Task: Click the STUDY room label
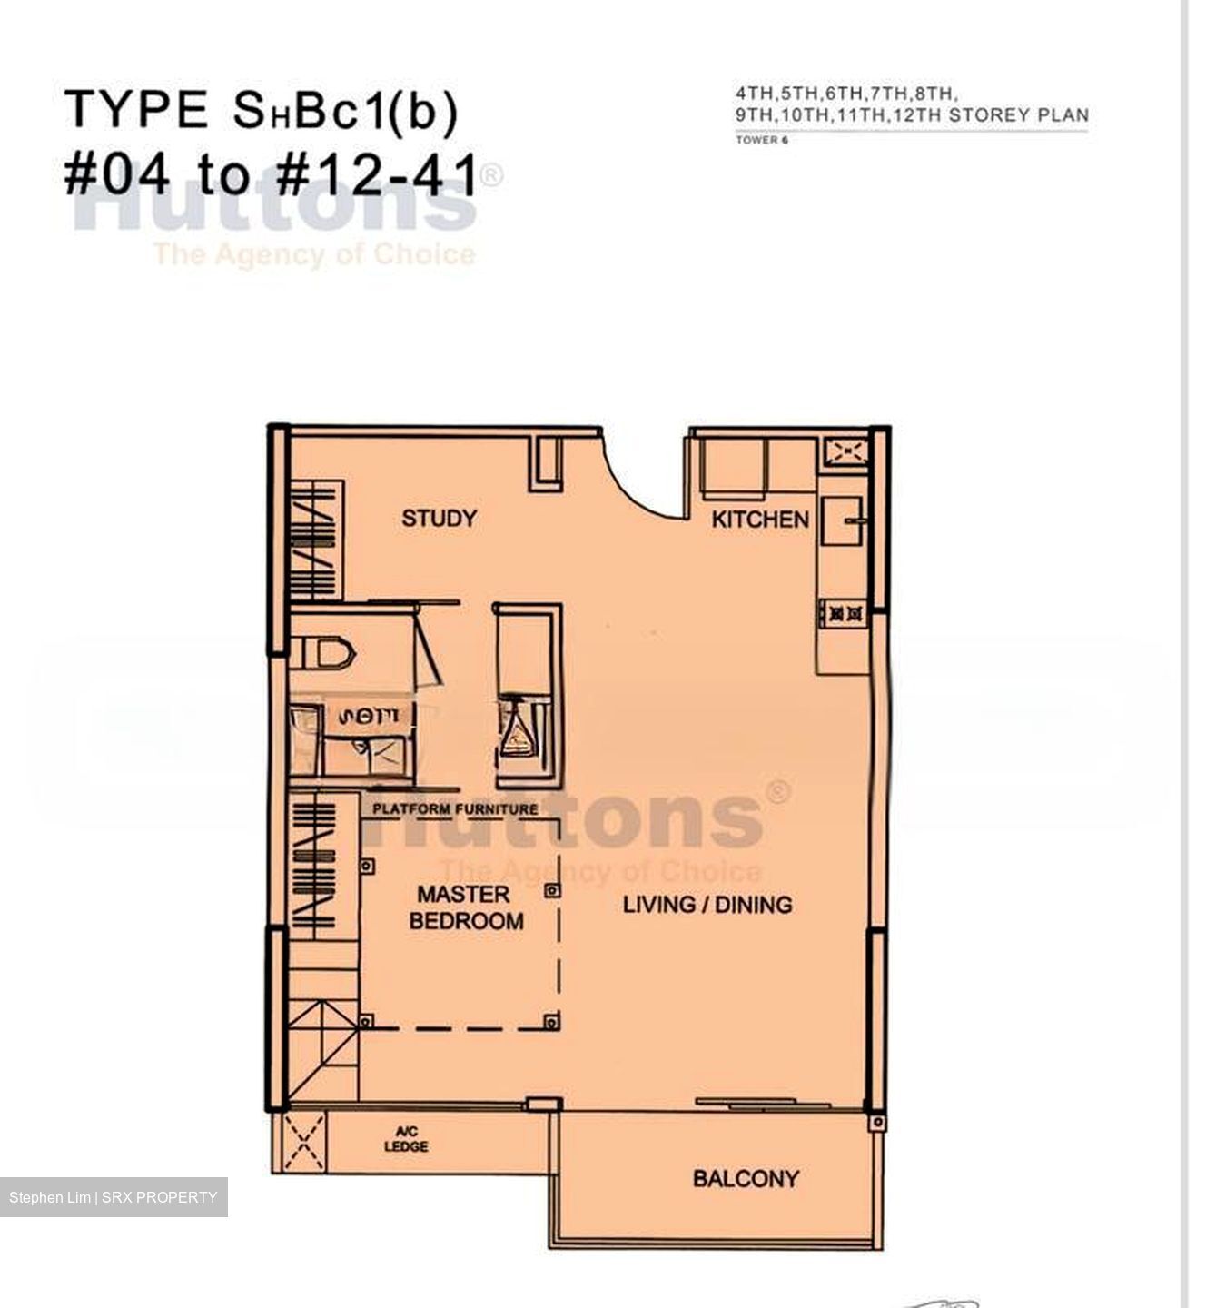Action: [439, 519]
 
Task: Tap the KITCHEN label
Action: [759, 520]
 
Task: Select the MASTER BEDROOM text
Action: [466, 907]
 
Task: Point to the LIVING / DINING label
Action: [707, 904]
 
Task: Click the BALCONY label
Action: [746, 1179]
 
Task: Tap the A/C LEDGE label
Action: [406, 1139]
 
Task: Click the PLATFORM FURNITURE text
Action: [455, 808]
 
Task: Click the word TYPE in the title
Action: [136, 110]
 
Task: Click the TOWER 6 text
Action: [761, 140]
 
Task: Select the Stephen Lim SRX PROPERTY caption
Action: [114, 1197]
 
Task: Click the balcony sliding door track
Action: [763, 1104]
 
